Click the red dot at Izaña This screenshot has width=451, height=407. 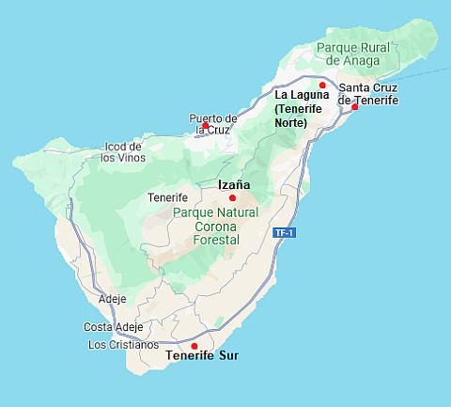pos(232,197)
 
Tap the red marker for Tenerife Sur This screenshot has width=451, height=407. pos(194,346)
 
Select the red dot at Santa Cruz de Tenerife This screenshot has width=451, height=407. pos(354,106)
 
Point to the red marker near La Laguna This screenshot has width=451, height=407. pos(322,85)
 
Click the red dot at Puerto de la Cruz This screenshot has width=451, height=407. pos(206,125)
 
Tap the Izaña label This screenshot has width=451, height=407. pos(234,185)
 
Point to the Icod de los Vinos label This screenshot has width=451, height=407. pos(122,152)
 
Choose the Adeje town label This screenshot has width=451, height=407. pos(113,299)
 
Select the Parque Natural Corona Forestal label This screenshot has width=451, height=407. pos(206,227)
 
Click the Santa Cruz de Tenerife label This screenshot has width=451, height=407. pos(367,94)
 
